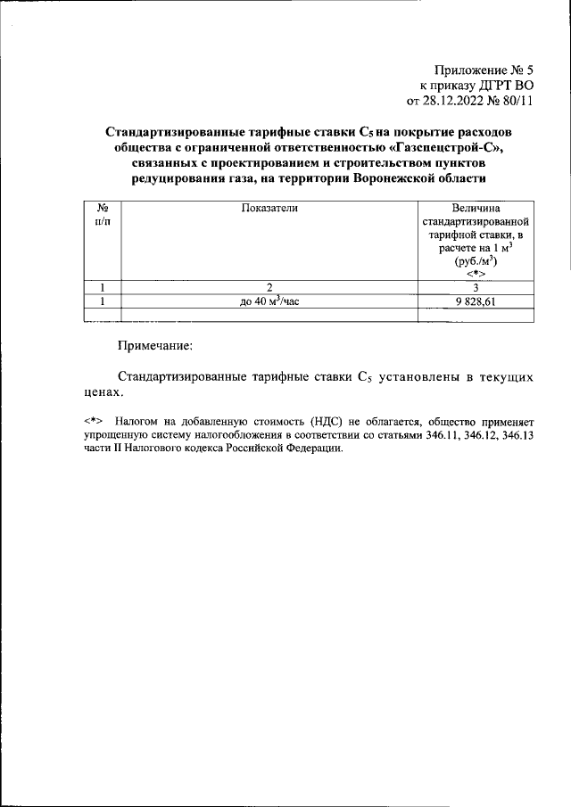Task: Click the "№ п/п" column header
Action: [x=103, y=214]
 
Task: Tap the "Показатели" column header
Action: [x=269, y=208]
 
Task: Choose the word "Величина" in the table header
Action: [x=476, y=208]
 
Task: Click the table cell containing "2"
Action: [x=269, y=288]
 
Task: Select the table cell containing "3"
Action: [x=476, y=288]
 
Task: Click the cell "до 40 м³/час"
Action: [x=269, y=301]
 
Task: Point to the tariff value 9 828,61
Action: [x=476, y=301]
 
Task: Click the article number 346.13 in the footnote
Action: [x=514, y=434]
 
